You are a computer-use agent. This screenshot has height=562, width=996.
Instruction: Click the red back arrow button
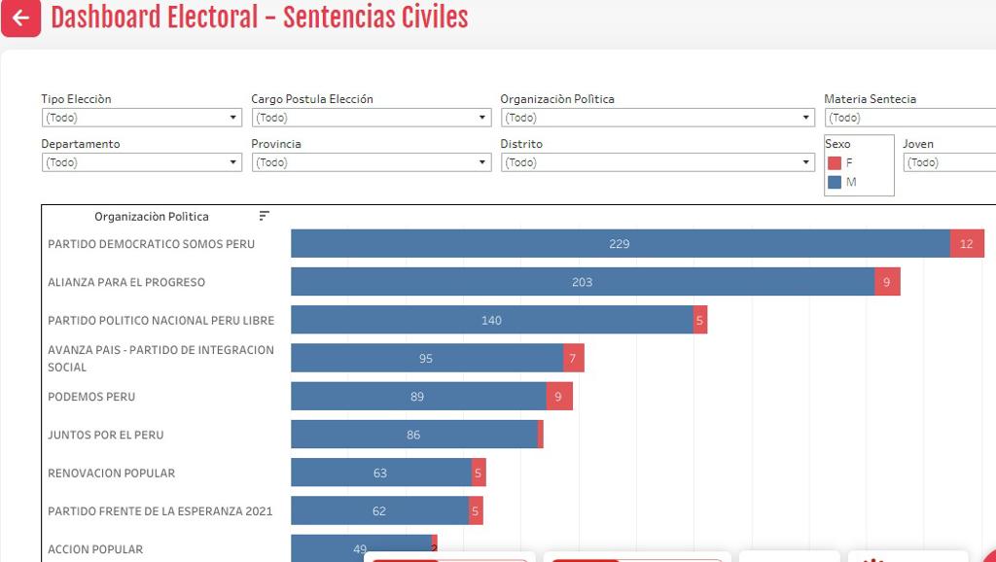coord(20,18)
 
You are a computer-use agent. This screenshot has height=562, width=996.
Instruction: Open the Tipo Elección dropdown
coord(141,118)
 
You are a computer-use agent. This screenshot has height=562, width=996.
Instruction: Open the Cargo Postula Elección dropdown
coord(371,118)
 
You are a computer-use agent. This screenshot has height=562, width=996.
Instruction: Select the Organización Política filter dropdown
coord(658,118)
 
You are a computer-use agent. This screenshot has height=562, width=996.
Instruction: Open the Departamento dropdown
coord(141,162)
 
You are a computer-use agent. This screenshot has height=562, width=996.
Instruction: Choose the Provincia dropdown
coord(371,162)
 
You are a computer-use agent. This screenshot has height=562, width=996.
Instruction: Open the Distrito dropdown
coord(658,162)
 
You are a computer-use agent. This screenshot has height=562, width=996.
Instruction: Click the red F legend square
coord(834,163)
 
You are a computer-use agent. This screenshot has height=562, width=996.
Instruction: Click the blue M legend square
coord(834,182)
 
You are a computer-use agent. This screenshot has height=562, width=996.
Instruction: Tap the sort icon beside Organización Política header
coord(264,216)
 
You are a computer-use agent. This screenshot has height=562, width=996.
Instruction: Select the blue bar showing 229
coord(620,244)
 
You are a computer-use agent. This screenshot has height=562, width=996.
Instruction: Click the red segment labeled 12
coord(967,244)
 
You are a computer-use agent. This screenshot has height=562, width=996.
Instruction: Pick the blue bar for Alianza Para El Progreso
coord(582,282)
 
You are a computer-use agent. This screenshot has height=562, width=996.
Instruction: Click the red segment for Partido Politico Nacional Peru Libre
coord(700,320)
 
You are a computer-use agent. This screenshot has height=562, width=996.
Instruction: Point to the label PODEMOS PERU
coord(91,397)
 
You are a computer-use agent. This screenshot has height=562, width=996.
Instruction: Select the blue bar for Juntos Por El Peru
coord(413,435)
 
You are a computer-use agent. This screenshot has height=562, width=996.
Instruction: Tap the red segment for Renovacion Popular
coord(479,473)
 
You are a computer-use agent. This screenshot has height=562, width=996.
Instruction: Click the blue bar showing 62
coord(379,510)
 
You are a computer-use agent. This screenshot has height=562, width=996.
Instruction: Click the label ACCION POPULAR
coord(95,549)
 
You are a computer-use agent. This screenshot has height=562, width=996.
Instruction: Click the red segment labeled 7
coord(574,358)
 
